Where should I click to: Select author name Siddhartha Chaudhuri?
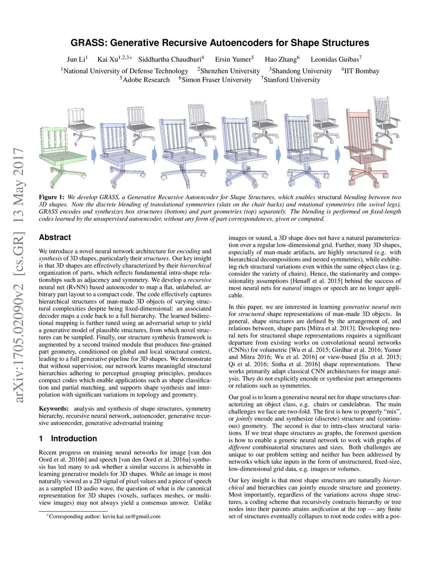point(170,59)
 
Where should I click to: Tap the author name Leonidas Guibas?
point(335,59)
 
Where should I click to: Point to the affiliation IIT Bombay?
point(361,71)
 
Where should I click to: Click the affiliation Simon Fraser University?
point(216,80)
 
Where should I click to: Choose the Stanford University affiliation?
point(291,80)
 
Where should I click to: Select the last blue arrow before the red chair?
point(338,153)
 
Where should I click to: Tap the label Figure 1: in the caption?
point(52,197)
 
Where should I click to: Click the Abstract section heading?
point(55,237)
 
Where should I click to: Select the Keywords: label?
point(54,409)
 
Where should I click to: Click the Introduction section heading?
point(73,439)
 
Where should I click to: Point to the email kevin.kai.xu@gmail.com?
point(131,516)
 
